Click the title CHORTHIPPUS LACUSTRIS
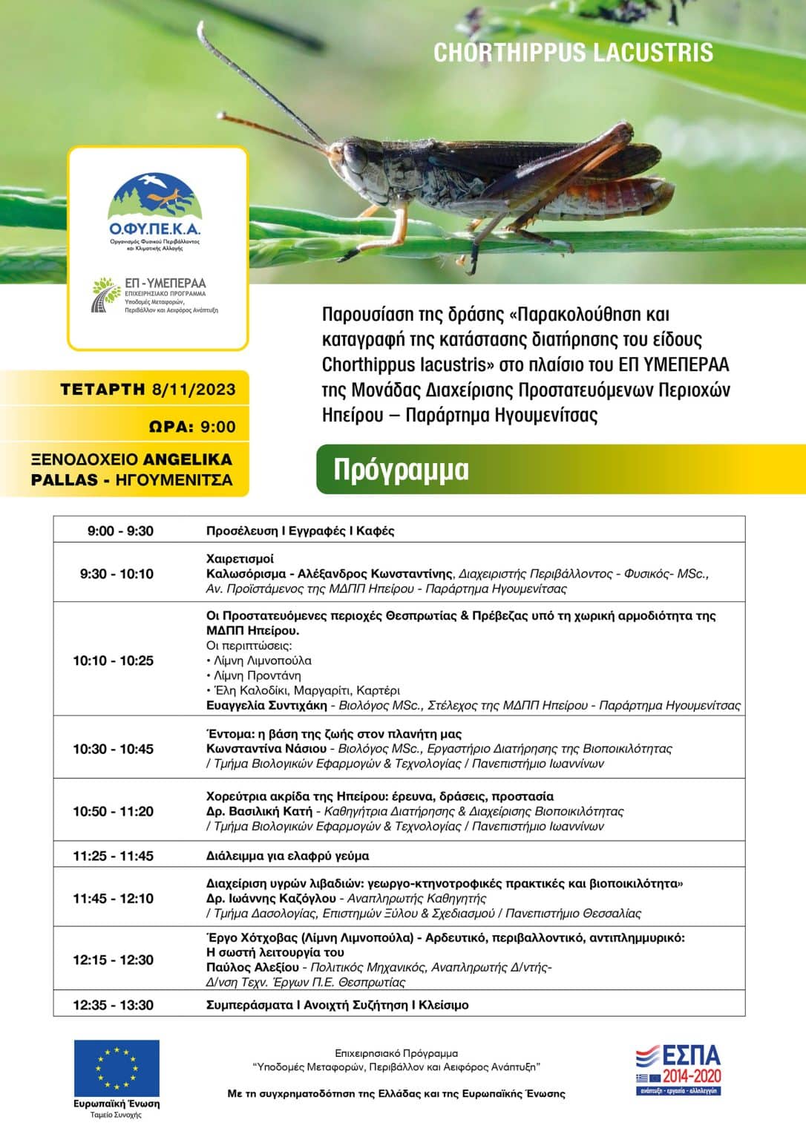tap(573, 53)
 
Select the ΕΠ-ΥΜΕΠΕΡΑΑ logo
tap(156, 295)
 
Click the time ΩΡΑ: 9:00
tap(192, 427)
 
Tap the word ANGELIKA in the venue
tap(187, 459)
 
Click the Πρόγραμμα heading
tap(401, 470)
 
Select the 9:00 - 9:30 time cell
tap(120, 531)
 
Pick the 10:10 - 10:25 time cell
tap(114, 661)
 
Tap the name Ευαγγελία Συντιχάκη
tap(267, 705)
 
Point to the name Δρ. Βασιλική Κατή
tap(259, 811)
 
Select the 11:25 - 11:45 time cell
tap(114, 856)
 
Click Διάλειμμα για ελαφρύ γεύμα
tap(287, 856)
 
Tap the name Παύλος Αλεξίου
tap(252, 967)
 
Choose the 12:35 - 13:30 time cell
tap(114, 1005)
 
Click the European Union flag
tap(117, 1068)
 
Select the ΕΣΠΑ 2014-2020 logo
tap(679, 1069)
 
